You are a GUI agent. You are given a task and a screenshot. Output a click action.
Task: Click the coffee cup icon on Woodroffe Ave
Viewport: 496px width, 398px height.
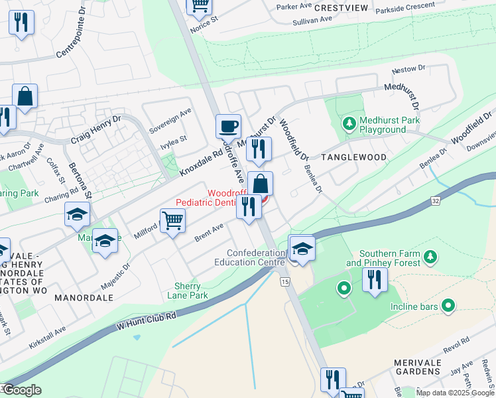[x=228, y=125]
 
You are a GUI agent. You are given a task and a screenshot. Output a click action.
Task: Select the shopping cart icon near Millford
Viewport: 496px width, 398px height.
[x=172, y=220]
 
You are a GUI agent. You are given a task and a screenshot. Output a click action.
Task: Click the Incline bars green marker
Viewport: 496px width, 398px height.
[x=449, y=306]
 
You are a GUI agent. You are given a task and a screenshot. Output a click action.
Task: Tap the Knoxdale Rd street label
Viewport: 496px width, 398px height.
[x=200, y=161]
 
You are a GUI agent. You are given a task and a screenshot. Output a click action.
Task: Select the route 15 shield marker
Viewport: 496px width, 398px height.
[x=285, y=283]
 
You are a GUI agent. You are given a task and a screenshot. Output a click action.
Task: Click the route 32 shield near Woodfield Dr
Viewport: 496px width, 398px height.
[x=434, y=200]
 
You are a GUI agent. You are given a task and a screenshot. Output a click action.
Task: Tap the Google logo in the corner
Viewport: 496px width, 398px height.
[x=21, y=389]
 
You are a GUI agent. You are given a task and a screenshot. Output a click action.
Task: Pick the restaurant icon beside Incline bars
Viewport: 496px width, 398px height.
[x=375, y=281]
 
